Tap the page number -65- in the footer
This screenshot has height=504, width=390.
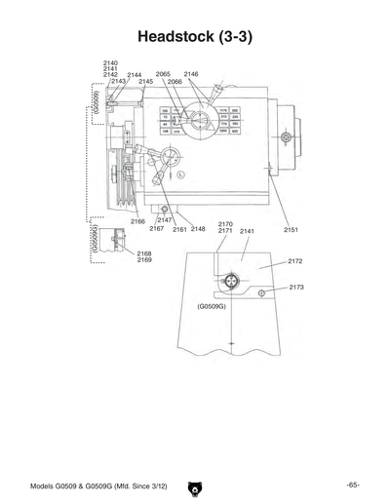tap(352, 485)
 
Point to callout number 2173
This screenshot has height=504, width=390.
tap(296, 288)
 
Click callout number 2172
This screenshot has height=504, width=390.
tap(295, 261)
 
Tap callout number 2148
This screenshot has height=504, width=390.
tap(198, 229)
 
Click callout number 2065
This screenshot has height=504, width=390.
tap(163, 74)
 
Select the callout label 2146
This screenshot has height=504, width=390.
tap(191, 74)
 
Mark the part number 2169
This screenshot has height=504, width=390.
tap(144, 260)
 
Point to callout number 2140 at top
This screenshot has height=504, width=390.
tap(110, 62)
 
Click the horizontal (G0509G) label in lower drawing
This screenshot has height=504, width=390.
tap(212, 306)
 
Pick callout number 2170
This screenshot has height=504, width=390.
tap(225, 223)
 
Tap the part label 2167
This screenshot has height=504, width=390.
tap(156, 229)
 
